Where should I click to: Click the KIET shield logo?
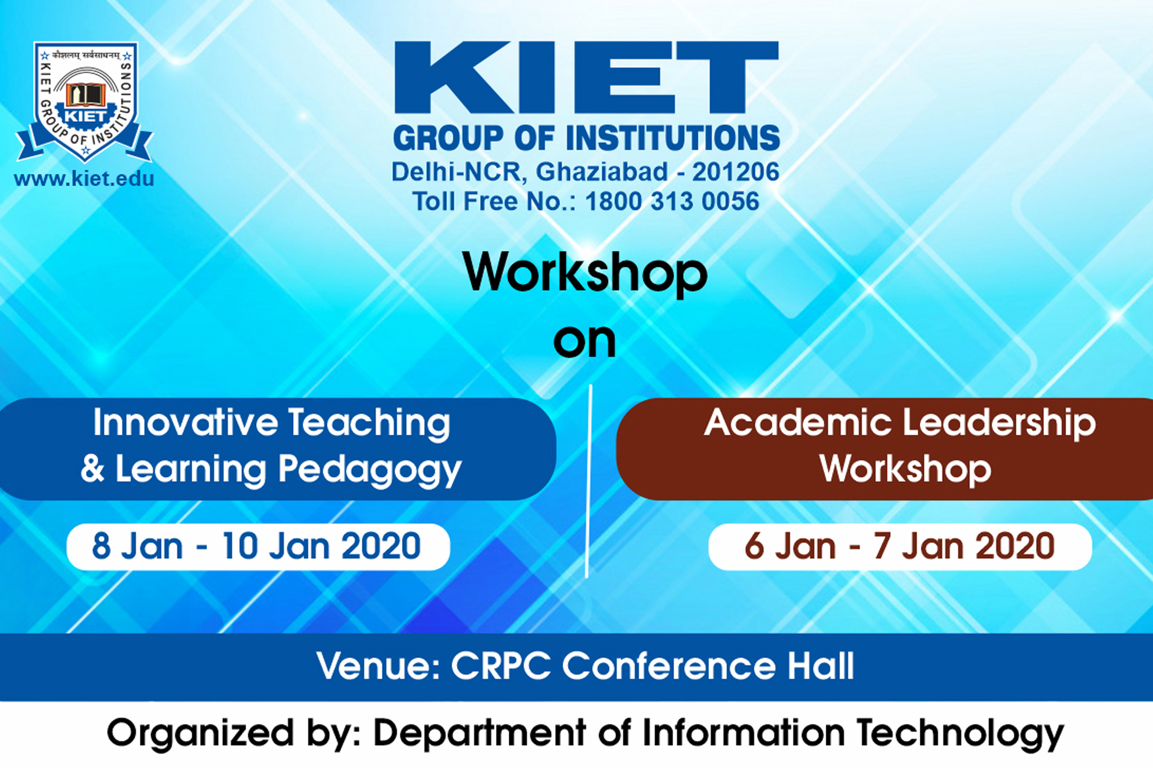84,101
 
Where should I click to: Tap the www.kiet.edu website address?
84,178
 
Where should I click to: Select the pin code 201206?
736,172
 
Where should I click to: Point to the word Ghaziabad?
602,172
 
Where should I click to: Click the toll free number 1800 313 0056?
672,202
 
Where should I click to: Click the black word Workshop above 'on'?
586,273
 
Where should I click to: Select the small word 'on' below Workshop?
585,341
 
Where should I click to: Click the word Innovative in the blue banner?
185,422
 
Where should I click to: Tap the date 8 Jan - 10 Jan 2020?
256,546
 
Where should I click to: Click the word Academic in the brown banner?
797,422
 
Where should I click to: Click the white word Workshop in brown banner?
905,469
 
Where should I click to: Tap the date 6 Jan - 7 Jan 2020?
899,546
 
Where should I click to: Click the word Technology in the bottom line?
960,734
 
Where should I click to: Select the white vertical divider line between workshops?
588,481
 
